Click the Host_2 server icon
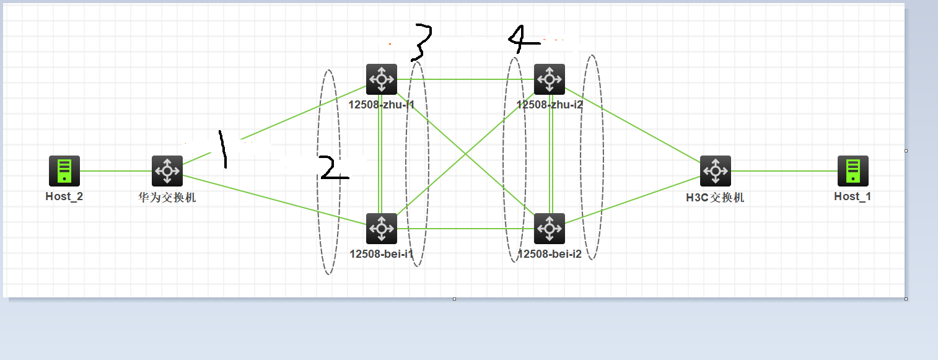(64, 171)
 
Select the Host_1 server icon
(853, 171)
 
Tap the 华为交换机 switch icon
(167, 171)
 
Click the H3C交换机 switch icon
(716, 171)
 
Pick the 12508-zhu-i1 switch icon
(382, 79)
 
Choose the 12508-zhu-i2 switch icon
(550, 79)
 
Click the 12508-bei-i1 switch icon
(382, 229)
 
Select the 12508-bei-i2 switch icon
(550, 229)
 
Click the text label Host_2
(64, 197)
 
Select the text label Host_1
(853, 196)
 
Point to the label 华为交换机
(167, 198)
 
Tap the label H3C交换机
(716, 198)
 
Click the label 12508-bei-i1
(381, 253)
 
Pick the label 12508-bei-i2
(550, 253)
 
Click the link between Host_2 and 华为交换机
(116, 171)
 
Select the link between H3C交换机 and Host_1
(784, 171)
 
